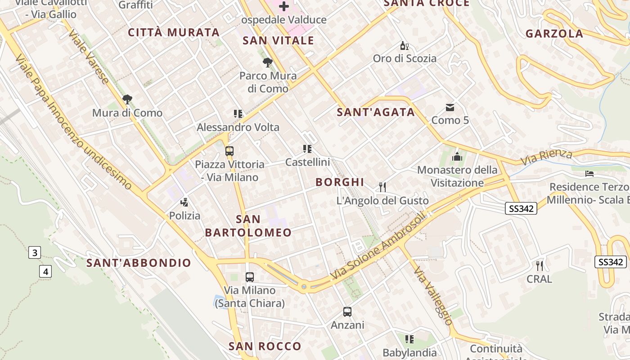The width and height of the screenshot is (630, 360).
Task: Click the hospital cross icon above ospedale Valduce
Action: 284,6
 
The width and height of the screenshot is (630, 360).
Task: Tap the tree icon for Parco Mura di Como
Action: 268,62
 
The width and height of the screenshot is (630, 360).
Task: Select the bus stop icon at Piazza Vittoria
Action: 229,151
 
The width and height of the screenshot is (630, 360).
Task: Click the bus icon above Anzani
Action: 347,311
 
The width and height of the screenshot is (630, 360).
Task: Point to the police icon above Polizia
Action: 184,202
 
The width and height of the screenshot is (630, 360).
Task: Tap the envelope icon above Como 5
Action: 450,107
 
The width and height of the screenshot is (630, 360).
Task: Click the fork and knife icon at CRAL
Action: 540,265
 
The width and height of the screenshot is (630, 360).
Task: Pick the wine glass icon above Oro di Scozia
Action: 405,45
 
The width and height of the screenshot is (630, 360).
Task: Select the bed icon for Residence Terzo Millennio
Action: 589,173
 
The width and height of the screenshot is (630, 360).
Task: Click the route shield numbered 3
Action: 35,252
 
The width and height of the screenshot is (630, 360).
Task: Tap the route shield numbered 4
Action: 45,271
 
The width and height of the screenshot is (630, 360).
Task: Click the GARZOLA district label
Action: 554,34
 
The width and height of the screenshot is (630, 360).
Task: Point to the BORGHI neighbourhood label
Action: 340,182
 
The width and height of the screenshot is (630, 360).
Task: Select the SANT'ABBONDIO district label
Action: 139,263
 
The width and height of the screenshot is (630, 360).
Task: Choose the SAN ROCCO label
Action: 265,346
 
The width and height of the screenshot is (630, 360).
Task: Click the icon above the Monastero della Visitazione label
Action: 457,157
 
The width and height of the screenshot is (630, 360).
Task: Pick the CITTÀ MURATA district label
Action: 174,32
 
